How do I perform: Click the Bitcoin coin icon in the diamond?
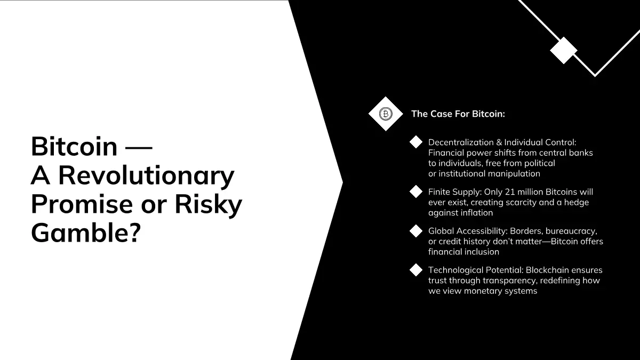386,114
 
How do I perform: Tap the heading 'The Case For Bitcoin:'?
458,114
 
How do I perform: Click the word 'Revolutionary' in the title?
146,176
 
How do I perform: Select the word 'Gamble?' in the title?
86,233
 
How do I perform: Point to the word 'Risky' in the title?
209,205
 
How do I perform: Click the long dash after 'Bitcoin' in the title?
139,147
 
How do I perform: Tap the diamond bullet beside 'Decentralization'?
416,142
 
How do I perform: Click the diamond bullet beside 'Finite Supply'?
416,191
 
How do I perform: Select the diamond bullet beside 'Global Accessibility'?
416,231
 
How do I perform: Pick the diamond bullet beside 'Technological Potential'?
416,270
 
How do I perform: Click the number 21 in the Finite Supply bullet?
510,191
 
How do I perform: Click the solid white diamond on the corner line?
563,50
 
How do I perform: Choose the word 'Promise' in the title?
82,204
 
